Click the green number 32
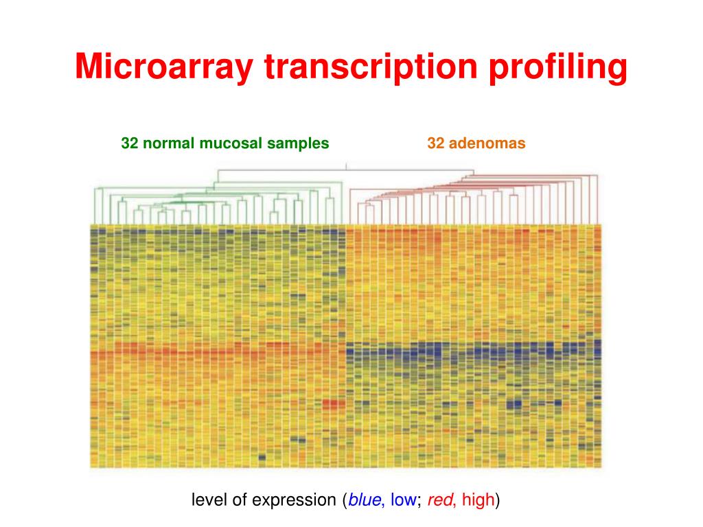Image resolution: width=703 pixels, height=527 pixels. tap(130, 143)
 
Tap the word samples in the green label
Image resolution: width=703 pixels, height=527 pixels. tap(298, 143)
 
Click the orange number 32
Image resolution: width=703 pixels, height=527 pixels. tap(435, 143)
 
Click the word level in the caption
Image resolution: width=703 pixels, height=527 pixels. tap(207, 500)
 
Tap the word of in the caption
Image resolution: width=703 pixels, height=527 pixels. tap(238, 500)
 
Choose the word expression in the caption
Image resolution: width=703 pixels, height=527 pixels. tap(292, 500)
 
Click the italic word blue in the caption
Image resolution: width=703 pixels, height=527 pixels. tap(365, 500)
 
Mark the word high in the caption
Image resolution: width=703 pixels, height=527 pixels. tap(478, 500)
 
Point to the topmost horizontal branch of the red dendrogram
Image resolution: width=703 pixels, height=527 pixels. tap(412, 170)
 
